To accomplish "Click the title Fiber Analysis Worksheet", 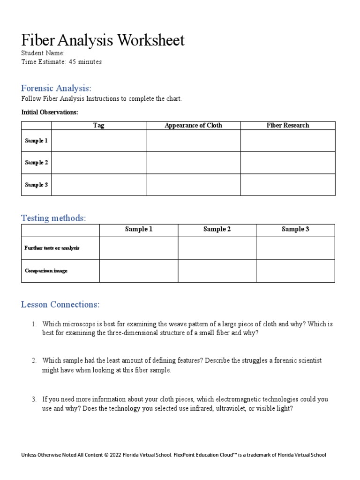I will coord(103,40).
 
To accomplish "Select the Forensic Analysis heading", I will coord(56,88).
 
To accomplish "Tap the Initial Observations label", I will coord(50,112).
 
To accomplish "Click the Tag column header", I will coord(98,125).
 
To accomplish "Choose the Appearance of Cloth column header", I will coord(193,125).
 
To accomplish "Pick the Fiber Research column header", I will coord(288,125).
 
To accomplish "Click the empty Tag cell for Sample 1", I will coord(98,141).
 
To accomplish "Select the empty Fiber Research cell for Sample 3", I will coord(288,185).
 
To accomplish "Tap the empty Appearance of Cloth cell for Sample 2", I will coord(193,163).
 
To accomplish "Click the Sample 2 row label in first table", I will coord(37,163).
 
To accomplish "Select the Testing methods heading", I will coord(53,218).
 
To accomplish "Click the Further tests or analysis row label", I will coord(52,248).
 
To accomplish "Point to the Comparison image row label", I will coord(46,271).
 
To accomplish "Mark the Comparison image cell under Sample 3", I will coord(295,271).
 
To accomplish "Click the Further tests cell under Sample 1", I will coord(139,248).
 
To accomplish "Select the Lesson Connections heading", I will coord(60,305).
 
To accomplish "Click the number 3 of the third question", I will coord(34,399).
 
